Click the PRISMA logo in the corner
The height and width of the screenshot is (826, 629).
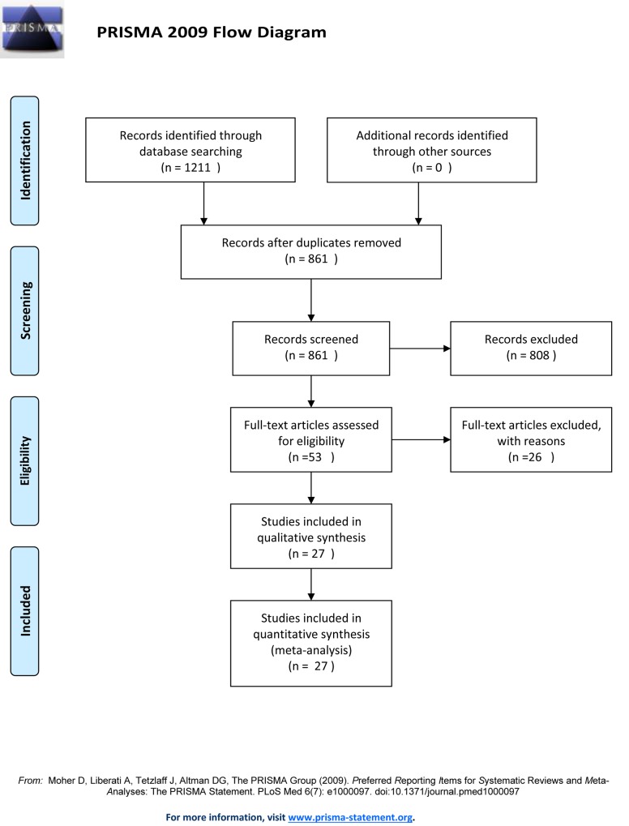coord(32,29)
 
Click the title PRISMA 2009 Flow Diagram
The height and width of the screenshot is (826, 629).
coord(212,32)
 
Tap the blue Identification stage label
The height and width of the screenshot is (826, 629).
coord(25,160)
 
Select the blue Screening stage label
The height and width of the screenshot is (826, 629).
coord(25,310)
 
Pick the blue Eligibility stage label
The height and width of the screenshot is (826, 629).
coord(25,461)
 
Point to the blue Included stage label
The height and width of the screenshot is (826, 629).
coord(25,611)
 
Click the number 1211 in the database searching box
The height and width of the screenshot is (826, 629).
coord(198,168)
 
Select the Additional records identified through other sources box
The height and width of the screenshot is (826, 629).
coord(432,150)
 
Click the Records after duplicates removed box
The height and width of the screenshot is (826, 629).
coord(311,252)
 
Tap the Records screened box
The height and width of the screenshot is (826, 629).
coord(311,349)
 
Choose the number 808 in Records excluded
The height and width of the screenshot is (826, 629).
coord(540,355)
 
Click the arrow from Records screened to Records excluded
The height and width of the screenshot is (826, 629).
coord(421,349)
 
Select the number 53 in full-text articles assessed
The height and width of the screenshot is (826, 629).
coord(315,456)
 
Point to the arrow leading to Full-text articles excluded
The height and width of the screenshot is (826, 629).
coord(421,439)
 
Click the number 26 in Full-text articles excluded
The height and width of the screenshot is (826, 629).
coord(535,456)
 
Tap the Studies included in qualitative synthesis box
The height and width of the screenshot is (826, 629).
coord(311,537)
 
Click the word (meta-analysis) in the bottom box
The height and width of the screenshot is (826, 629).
coord(311,650)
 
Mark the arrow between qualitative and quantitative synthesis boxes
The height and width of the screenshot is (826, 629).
coord(311,584)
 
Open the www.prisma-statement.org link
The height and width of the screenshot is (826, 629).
coord(350,818)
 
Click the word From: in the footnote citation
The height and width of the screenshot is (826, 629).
coord(31,781)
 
